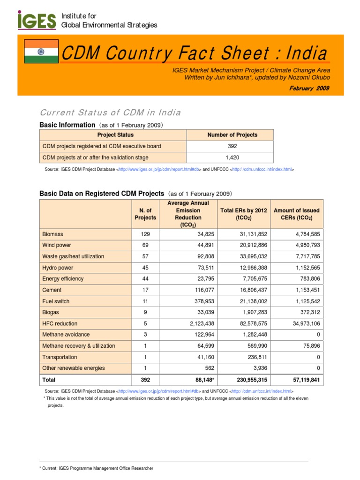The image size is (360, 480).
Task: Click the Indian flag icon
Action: pyautogui.click(x=41, y=52)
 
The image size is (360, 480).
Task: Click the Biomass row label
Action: pyautogui.click(x=52, y=234)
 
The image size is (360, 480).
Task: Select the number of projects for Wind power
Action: pyautogui.click(x=145, y=245)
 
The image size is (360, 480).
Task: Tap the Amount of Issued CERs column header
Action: pyautogui.click(x=297, y=214)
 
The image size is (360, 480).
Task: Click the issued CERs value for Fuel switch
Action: pyautogui.click(x=304, y=301)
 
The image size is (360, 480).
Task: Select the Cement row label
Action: pyautogui.click(x=52, y=290)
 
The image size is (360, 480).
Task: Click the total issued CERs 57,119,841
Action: pyautogui.click(x=302, y=380)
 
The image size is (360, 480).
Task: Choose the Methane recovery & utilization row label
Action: pyautogui.click(x=78, y=346)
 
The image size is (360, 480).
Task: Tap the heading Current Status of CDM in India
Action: pyautogui.click(x=110, y=113)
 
